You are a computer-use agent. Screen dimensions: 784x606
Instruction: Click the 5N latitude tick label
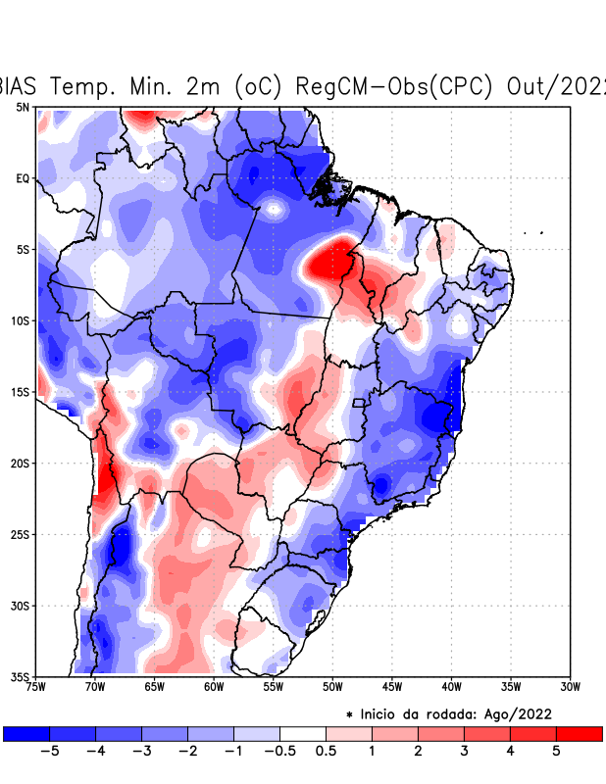pyautogui.click(x=23, y=107)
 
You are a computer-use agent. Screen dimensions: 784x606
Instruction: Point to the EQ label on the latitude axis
pyautogui.click(x=23, y=178)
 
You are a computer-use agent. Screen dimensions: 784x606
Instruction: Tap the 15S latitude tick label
pyautogui.click(x=21, y=392)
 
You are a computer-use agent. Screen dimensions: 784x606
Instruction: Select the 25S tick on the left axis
pyautogui.click(x=21, y=534)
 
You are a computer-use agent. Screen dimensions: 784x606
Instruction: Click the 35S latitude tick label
pyautogui.click(x=21, y=676)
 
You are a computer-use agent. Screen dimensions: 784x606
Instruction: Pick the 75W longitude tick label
pyautogui.click(x=37, y=686)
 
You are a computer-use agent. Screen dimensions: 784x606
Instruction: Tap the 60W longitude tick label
pyautogui.click(x=213, y=686)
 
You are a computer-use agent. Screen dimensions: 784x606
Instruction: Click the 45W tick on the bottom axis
pyautogui.click(x=391, y=686)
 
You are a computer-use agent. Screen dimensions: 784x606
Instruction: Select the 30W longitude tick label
pyautogui.click(x=570, y=686)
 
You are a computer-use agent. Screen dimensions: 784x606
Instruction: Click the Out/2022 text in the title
pyautogui.click(x=555, y=85)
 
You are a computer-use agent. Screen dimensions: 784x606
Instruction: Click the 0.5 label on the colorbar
pyautogui.click(x=326, y=751)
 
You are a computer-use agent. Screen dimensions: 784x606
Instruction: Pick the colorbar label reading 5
pyautogui.click(x=555, y=751)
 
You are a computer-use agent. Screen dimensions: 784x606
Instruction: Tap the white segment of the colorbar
pyautogui.click(x=302, y=733)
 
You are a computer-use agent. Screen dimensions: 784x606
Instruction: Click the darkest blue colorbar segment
pyautogui.click(x=26, y=733)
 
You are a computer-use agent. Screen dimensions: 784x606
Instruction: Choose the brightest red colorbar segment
pyautogui.click(x=579, y=733)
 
